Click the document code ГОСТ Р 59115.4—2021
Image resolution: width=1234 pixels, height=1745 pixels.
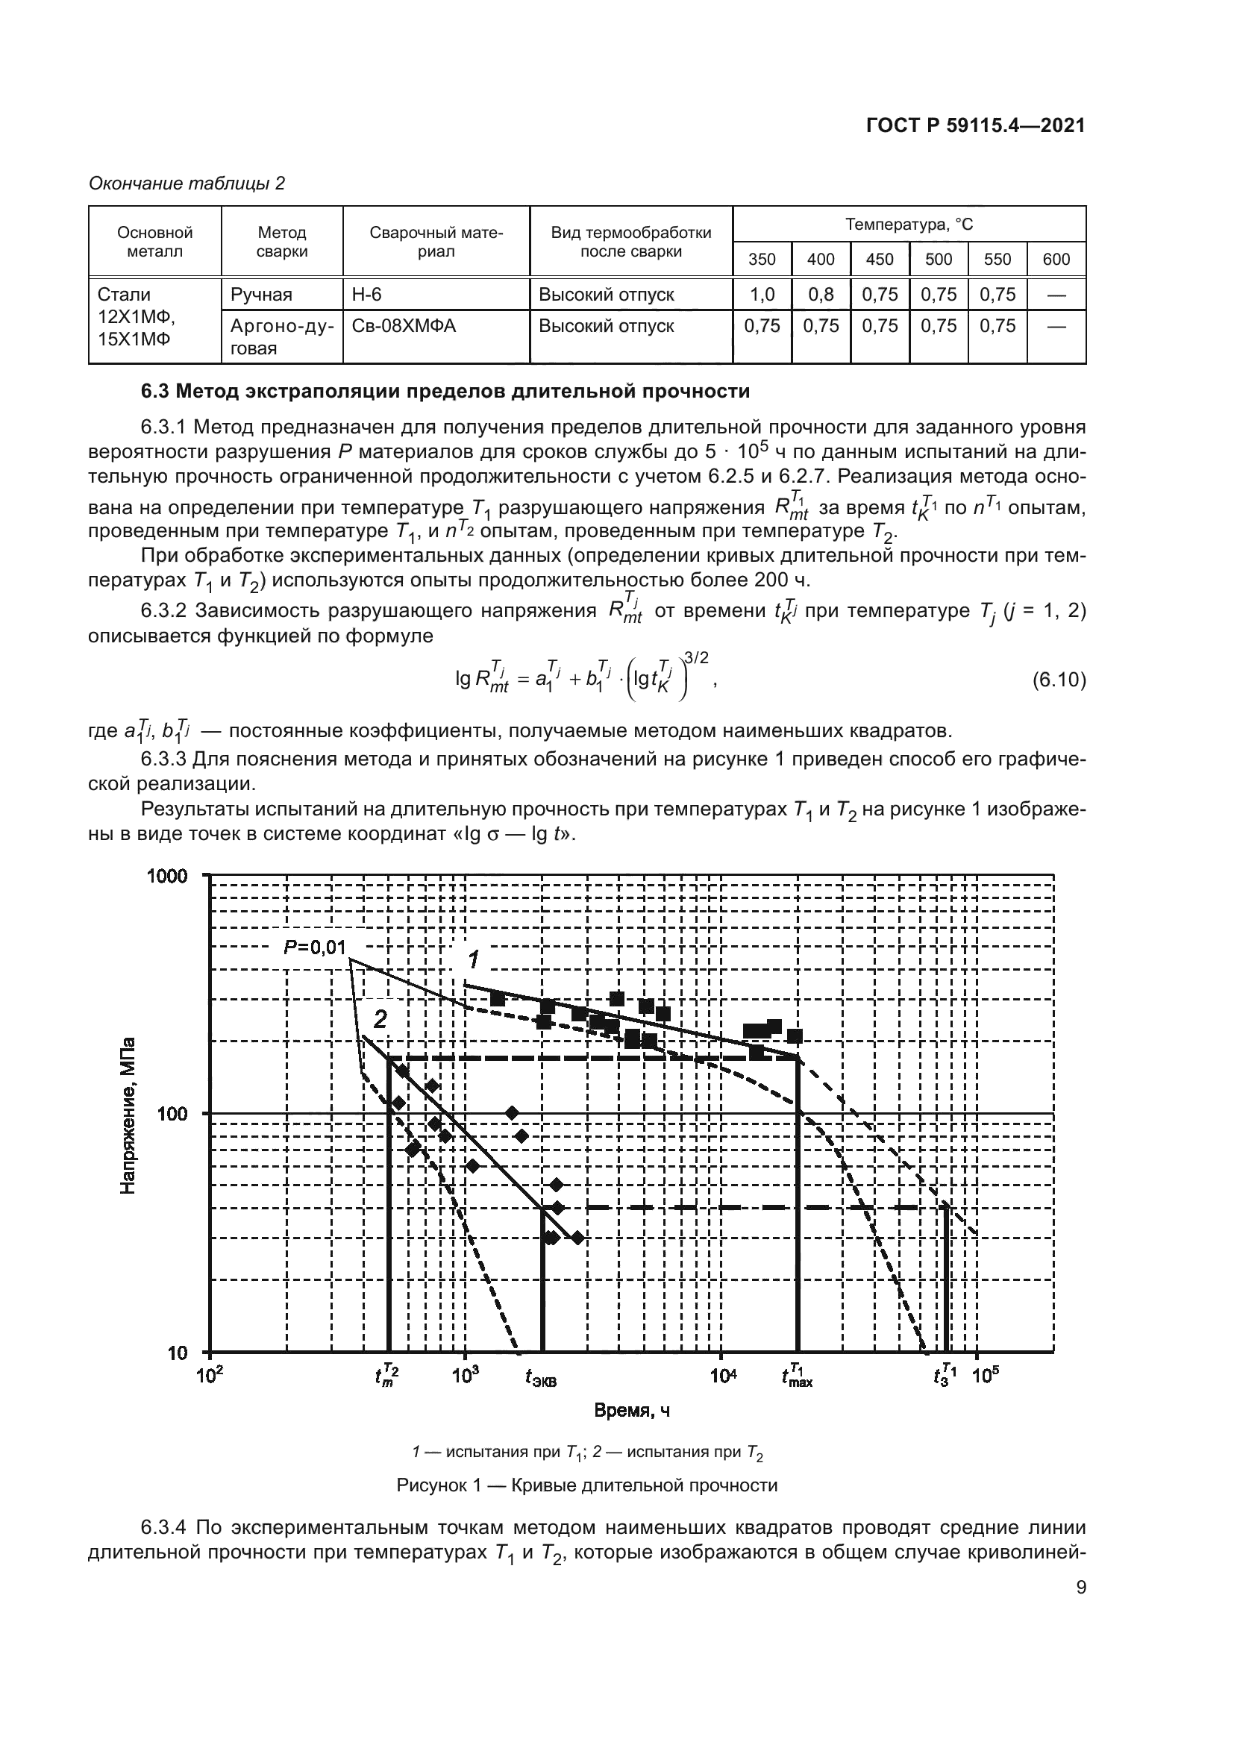click(x=975, y=126)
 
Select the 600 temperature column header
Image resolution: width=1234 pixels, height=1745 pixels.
click(x=1056, y=259)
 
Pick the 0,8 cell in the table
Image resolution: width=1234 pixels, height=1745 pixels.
click(x=821, y=294)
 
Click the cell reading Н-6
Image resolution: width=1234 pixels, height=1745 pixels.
click(x=366, y=294)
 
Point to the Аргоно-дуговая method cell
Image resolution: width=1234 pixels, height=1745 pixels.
click(x=281, y=336)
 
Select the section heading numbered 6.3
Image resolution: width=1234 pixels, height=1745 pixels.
click(x=445, y=392)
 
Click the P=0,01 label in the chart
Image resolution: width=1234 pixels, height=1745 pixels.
click(x=315, y=947)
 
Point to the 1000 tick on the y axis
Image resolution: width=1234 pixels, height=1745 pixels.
click(x=166, y=877)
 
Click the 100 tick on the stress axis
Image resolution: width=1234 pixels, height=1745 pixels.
click(x=173, y=1114)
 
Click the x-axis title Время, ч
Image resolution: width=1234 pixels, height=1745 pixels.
click(x=631, y=1411)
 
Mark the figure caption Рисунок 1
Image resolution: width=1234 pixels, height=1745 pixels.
click(x=586, y=1485)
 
